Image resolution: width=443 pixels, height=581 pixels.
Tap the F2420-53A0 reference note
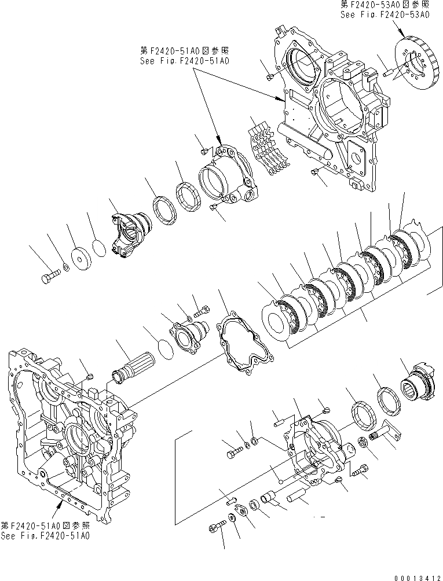click(x=384, y=11)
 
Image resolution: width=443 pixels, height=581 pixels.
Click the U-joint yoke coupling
click(x=130, y=236)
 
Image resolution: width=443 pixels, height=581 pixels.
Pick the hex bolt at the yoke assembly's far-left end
click(x=50, y=277)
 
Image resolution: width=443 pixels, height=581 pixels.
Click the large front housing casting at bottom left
click(x=69, y=428)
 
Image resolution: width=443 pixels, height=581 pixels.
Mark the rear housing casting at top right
click(x=330, y=104)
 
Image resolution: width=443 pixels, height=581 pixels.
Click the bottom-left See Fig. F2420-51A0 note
click(x=45, y=530)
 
